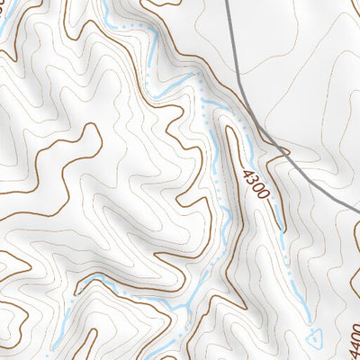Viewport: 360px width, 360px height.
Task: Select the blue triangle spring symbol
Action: (x=313, y=338)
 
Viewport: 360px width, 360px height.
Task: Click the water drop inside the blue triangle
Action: (x=313, y=338)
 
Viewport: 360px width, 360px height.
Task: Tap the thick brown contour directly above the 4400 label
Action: (x=347, y=310)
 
